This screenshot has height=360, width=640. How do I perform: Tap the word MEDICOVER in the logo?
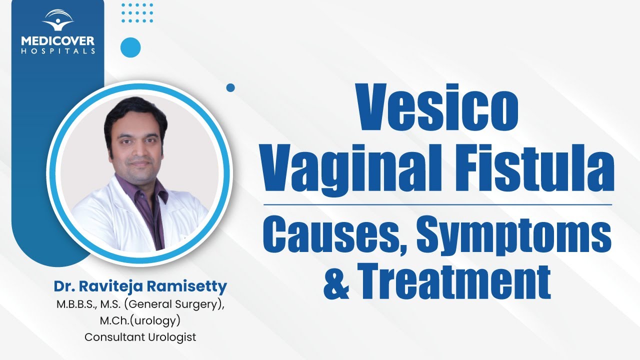coord(58,41)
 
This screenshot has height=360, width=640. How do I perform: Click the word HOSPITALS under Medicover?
coord(58,51)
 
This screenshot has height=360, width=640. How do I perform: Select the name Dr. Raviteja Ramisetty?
coord(140,287)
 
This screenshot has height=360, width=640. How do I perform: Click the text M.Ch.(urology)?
coord(140,320)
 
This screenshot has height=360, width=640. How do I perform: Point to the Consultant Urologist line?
coord(140,337)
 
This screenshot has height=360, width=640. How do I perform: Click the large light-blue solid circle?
coord(130,47)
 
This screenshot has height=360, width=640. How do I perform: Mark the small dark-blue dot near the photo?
coord(230,87)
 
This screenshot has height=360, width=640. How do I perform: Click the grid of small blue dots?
coord(137,12)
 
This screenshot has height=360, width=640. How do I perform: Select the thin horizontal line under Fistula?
coord(437,204)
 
